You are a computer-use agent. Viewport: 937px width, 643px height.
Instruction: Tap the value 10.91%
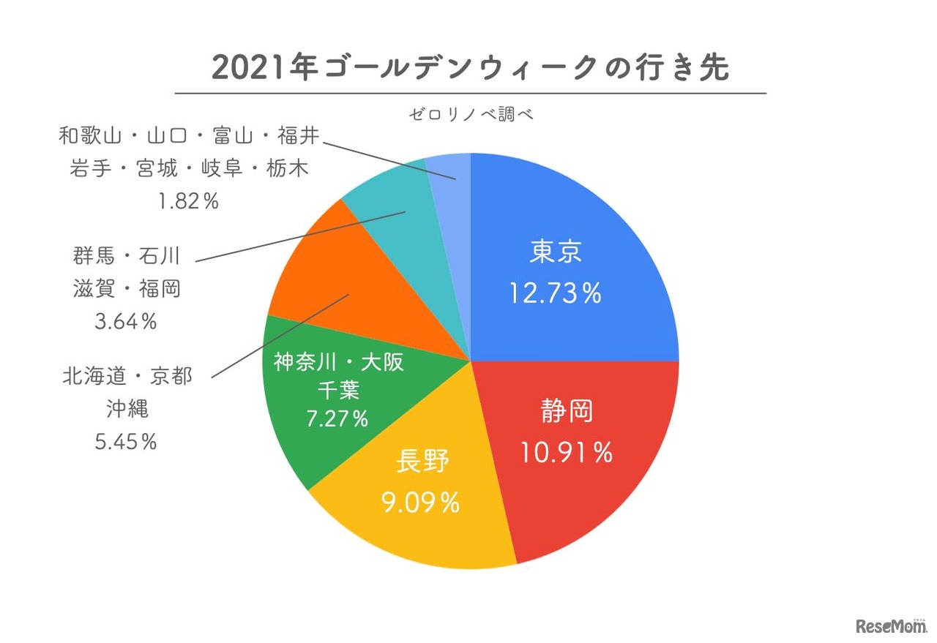pyautogui.click(x=566, y=454)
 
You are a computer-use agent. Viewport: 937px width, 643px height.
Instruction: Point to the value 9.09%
pyautogui.click(x=420, y=503)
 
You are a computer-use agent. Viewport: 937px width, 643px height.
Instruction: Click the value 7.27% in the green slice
pyautogui.click(x=337, y=419)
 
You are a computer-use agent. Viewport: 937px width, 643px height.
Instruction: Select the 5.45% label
pyautogui.click(x=126, y=442)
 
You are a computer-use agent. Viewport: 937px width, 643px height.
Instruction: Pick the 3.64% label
pyautogui.click(x=126, y=321)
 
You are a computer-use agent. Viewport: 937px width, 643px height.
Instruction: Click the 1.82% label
pyautogui.click(x=188, y=201)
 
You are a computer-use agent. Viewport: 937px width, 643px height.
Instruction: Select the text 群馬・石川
pyautogui.click(x=126, y=256)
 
